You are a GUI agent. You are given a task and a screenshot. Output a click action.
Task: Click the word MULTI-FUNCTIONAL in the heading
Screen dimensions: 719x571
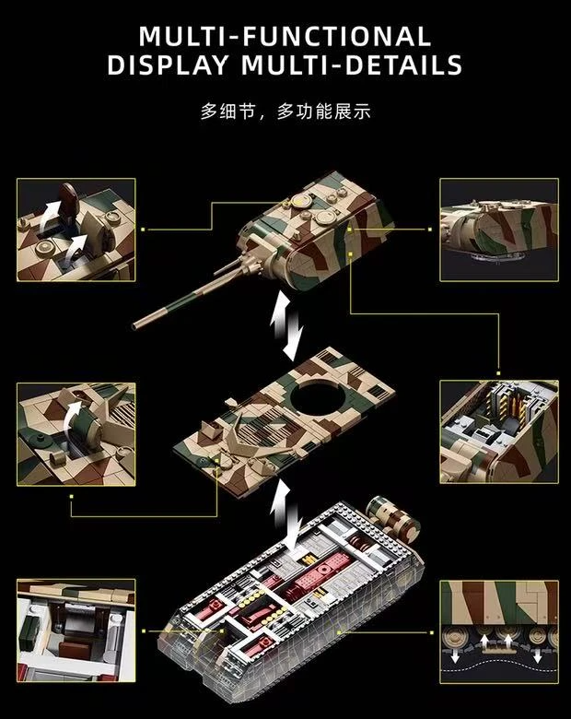coord(285,36)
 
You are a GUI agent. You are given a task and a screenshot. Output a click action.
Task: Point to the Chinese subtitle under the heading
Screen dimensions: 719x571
coord(285,112)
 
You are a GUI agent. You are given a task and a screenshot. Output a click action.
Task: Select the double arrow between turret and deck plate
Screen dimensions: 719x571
coord(285,326)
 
